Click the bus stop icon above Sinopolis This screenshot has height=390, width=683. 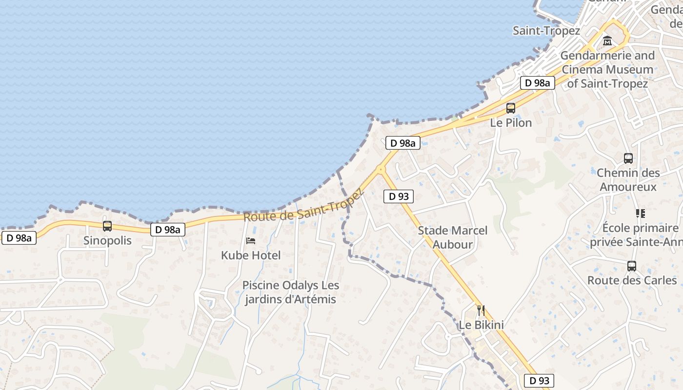coord(107,226)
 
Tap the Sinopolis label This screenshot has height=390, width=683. coord(107,240)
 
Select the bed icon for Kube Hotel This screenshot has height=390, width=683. coord(251,241)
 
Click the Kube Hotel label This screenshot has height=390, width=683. coord(251,255)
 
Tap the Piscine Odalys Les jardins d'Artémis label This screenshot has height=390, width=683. coord(291,292)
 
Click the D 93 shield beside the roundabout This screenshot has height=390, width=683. coord(399,196)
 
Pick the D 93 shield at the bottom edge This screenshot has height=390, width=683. coord(539,381)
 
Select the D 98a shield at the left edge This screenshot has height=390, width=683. coord(20,238)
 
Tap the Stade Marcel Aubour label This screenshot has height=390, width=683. coord(453,237)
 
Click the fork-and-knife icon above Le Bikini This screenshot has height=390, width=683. coord(481,310)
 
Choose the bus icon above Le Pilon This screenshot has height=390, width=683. coord(511,108)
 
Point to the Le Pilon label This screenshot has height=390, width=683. coord(511,122)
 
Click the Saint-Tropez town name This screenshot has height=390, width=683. coord(546,31)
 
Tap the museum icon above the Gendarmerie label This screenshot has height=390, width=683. coord(607,41)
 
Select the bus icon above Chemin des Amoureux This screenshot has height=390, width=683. coord(628,158)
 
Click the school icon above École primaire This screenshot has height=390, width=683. coord(640,214)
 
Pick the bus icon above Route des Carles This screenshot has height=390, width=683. coord(632,266)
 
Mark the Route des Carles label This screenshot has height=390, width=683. coord(632,280)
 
